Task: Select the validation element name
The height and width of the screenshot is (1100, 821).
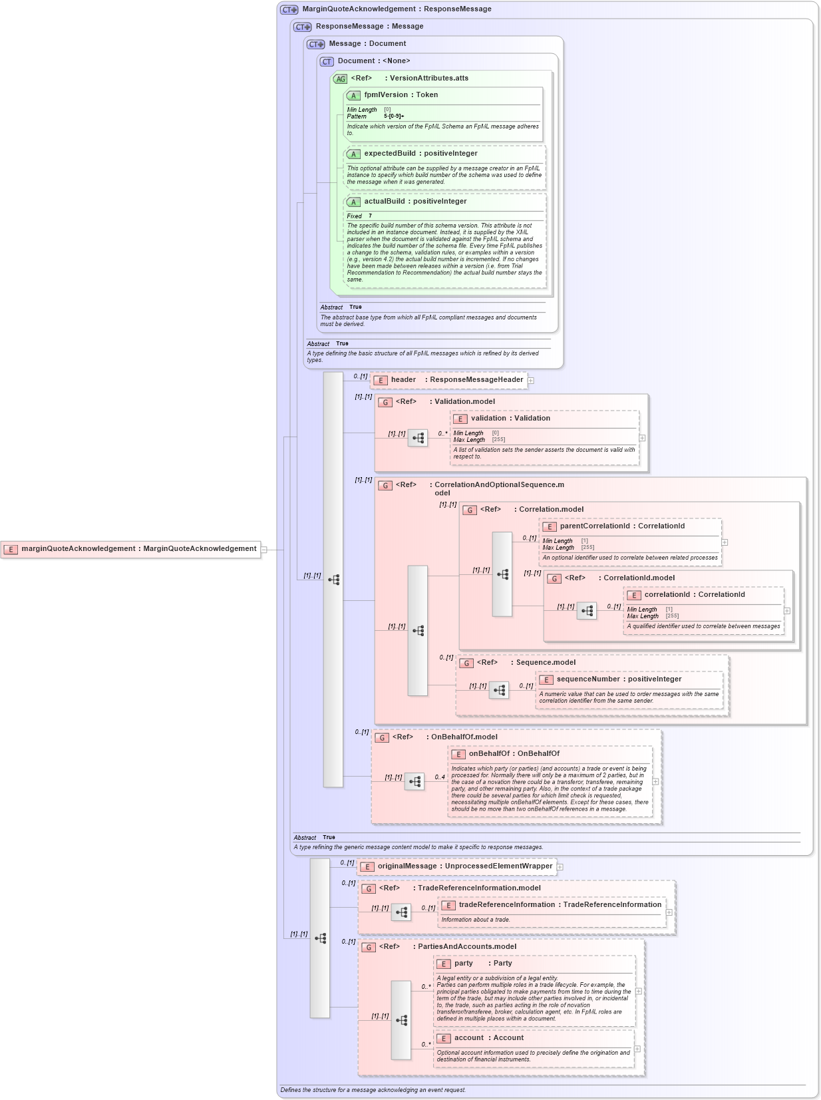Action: click(488, 419)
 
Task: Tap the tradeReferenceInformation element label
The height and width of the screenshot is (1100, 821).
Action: click(506, 905)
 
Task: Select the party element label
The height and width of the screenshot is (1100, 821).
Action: click(464, 964)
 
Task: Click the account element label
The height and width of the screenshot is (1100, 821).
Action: click(468, 1038)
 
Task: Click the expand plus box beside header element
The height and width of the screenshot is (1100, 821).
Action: click(531, 381)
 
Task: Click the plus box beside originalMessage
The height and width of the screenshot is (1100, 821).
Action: click(560, 867)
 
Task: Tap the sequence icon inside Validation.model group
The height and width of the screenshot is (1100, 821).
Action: click(418, 438)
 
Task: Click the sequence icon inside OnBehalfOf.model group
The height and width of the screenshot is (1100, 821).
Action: click(414, 781)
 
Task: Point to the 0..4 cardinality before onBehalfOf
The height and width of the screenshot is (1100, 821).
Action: click(440, 777)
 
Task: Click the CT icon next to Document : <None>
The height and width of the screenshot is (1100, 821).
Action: click(327, 62)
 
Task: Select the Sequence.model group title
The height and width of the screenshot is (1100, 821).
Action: click(546, 663)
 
